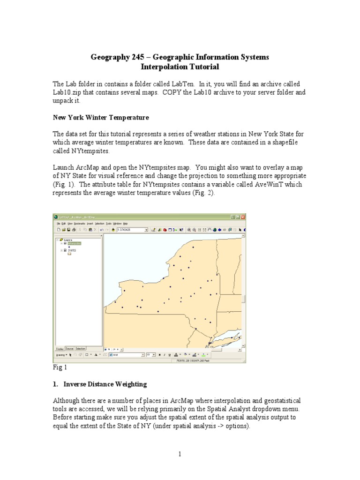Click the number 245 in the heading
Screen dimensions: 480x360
(131, 57)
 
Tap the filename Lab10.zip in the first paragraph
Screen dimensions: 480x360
(67, 92)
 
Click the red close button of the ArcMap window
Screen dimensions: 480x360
(243, 217)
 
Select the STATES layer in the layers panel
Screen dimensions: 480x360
(72, 250)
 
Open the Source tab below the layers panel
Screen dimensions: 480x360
(69, 348)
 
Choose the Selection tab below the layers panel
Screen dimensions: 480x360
(80, 348)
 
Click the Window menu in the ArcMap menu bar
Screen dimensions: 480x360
(117, 224)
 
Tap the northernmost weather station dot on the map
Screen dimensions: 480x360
(193, 247)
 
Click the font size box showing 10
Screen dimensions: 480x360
(150, 355)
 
